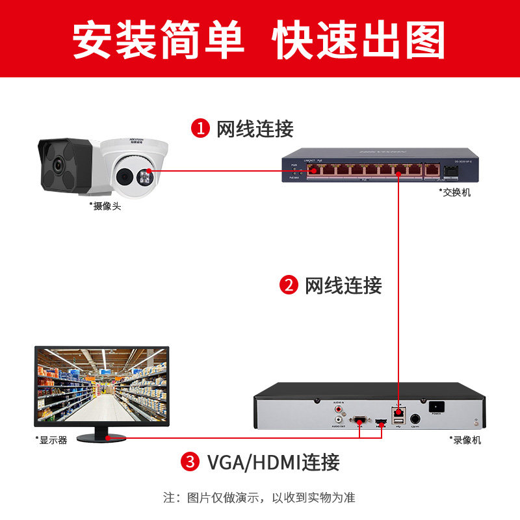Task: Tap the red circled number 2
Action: tap(288, 285)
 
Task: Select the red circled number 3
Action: tap(190, 463)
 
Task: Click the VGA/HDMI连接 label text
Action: tap(273, 463)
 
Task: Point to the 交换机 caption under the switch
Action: tap(455, 193)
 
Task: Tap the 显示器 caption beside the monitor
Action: tap(51, 440)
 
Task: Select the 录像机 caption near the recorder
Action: tap(465, 440)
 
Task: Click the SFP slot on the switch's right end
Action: tap(450, 172)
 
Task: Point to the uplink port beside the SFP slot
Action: tap(430, 171)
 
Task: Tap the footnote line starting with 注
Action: tap(259, 498)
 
